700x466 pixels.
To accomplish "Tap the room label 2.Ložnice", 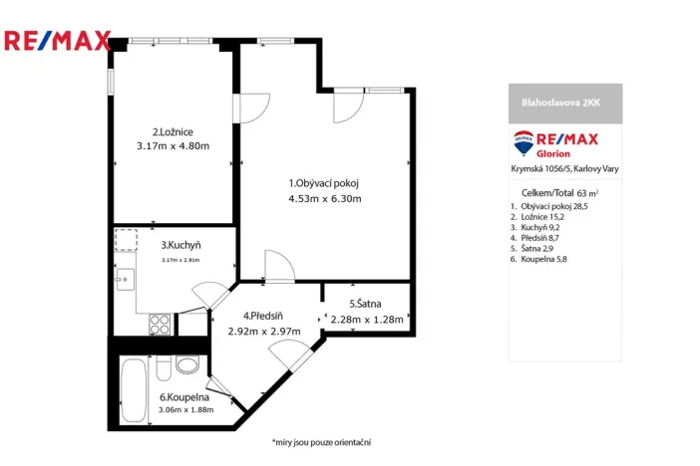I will coord(173,131).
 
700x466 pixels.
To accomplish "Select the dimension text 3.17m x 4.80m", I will coord(173,146).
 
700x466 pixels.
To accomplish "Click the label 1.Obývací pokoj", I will coord(323,183).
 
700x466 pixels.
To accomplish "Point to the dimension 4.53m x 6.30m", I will coord(324,198).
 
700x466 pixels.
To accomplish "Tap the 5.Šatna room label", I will coord(364,304).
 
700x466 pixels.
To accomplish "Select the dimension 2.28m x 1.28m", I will coord(365,320).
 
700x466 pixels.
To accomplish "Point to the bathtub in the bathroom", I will coord(133,390).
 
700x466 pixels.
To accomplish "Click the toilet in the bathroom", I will coord(186,364).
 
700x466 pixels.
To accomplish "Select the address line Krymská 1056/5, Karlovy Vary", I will coord(564,169).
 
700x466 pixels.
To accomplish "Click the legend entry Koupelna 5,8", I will coord(538,260).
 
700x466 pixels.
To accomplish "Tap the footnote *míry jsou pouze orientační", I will coord(321,441).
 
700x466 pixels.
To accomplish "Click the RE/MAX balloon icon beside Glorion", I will coord(523,143).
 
